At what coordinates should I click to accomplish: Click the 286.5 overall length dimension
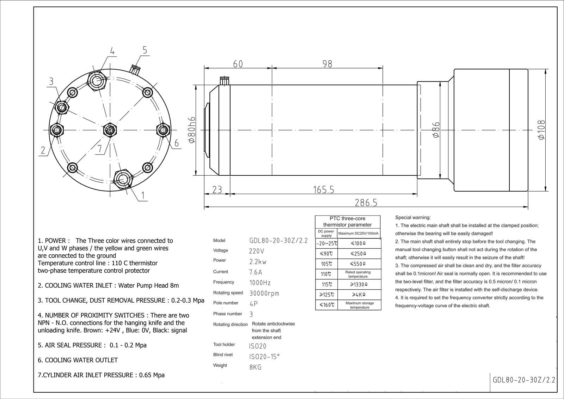tap(366, 202)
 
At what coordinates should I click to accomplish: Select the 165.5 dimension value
tap(323, 190)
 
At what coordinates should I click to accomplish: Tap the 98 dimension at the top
tap(327, 64)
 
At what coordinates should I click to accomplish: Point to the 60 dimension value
tap(238, 64)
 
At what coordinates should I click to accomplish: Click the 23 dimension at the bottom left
tap(217, 190)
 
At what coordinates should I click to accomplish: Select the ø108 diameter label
tap(542, 130)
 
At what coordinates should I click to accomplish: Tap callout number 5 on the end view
tap(145, 50)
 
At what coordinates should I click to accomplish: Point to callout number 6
tap(176, 143)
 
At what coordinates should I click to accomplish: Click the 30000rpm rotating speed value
tap(264, 293)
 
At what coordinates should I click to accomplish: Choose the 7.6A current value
tap(256, 272)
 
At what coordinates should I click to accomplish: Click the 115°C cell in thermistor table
tap(326, 284)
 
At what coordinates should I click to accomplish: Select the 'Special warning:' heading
tap(413, 218)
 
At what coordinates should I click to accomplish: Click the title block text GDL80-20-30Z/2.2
tap(524, 380)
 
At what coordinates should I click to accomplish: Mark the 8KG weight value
tap(255, 367)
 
